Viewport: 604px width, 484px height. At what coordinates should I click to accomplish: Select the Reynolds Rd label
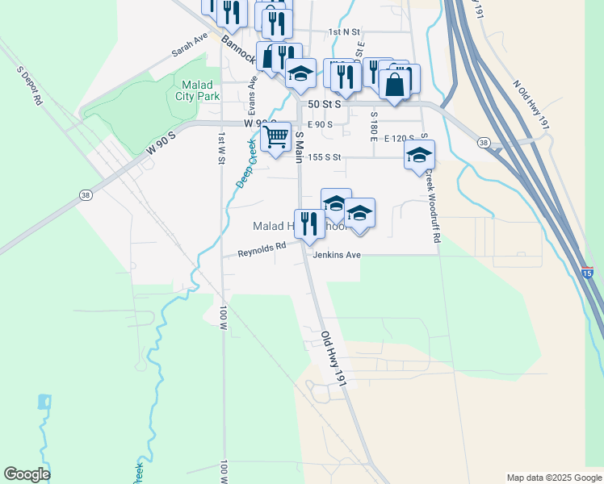tap(262, 252)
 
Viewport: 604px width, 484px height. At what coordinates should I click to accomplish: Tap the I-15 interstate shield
tap(587, 274)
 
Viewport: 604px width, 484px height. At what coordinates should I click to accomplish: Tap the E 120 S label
tap(399, 139)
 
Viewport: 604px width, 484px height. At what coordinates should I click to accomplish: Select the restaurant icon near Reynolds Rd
tap(308, 224)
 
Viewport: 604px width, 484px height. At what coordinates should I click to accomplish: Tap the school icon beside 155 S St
tap(419, 155)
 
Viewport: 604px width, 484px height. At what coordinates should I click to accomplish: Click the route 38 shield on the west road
tap(86, 194)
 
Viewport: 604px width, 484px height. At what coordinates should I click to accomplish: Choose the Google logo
tap(27, 474)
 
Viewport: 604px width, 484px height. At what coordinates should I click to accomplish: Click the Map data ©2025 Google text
tap(553, 478)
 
